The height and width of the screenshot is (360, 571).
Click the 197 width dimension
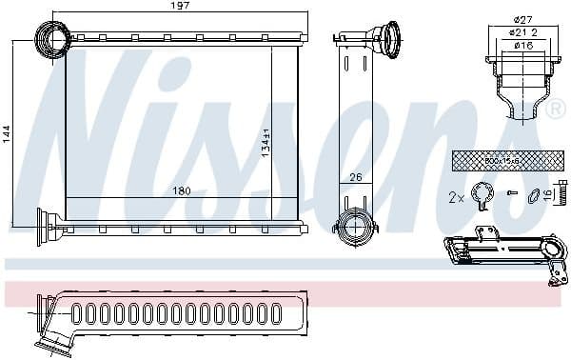tap(182, 6)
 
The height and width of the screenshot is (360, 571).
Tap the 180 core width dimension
tap(182, 191)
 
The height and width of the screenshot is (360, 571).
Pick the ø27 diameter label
tap(521, 20)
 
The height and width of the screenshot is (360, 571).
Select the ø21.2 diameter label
tap(521, 31)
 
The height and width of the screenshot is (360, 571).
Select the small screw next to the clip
tap(513, 194)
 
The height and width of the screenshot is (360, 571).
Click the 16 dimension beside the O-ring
tap(559, 195)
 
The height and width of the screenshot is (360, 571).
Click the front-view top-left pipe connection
tap(49, 40)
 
